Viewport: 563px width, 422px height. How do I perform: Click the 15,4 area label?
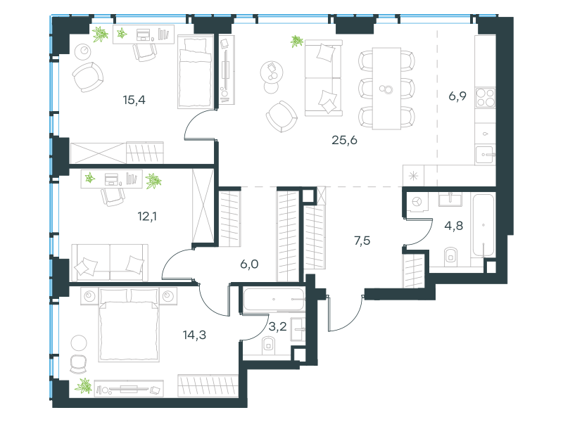click(134, 100)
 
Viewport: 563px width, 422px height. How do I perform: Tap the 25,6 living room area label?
click(344, 140)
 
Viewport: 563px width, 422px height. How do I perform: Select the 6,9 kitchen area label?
click(457, 96)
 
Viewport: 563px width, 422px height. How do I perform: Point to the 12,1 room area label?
click(147, 216)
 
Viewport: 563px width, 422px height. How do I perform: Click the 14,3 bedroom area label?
click(194, 335)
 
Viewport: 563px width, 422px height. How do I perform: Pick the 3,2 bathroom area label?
click(277, 326)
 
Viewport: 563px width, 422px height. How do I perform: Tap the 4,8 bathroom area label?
click(453, 226)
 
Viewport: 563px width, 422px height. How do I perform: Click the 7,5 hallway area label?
click(362, 241)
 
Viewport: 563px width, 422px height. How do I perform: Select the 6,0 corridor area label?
click(249, 264)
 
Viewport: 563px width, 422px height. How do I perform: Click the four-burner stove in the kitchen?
click(486, 98)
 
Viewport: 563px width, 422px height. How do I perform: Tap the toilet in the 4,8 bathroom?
click(450, 256)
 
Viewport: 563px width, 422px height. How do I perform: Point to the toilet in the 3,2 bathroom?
click(268, 345)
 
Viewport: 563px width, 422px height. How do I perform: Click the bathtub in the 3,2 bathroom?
click(274, 300)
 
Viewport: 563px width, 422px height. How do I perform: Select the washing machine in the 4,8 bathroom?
click(417, 202)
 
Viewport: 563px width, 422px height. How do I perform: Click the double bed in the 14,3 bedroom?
click(128, 325)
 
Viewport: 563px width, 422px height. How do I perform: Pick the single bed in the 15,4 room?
click(196, 71)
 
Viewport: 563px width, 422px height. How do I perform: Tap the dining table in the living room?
click(386, 89)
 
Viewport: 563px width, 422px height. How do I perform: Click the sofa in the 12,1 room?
click(110, 262)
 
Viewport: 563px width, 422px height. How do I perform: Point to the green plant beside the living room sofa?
click(297, 41)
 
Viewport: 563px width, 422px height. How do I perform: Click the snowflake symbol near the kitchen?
click(413, 177)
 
